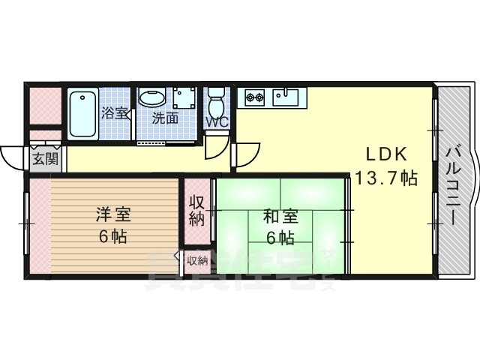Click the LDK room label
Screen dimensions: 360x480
[386, 154]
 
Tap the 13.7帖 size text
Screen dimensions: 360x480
[386, 178]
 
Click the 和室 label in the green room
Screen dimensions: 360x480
[280, 217]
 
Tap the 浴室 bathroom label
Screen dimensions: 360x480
[115, 115]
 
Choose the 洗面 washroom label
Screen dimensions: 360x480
[166, 118]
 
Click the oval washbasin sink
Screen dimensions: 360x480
[153, 98]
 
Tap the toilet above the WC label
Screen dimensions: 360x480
[217, 99]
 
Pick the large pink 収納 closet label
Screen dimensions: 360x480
[196, 210]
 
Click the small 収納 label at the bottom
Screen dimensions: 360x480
[196, 260]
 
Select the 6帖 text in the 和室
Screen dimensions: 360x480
[280, 238]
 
